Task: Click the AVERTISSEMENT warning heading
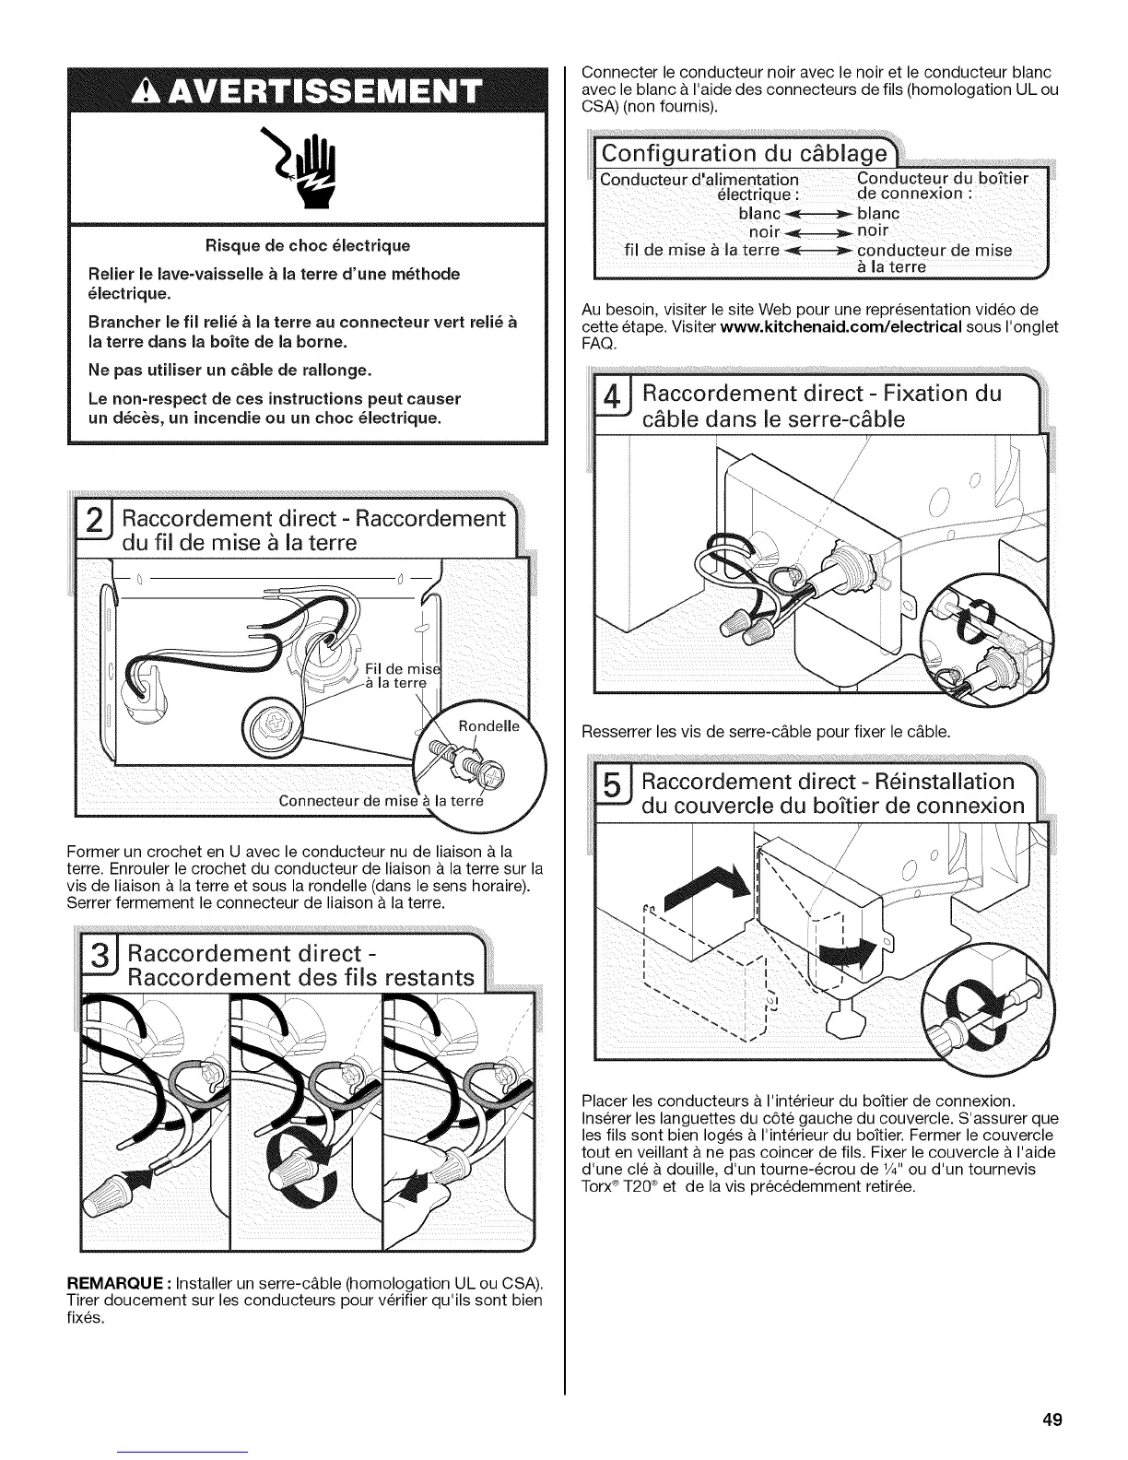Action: pyautogui.click(x=308, y=94)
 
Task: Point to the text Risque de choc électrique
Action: pyautogui.click(x=308, y=246)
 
